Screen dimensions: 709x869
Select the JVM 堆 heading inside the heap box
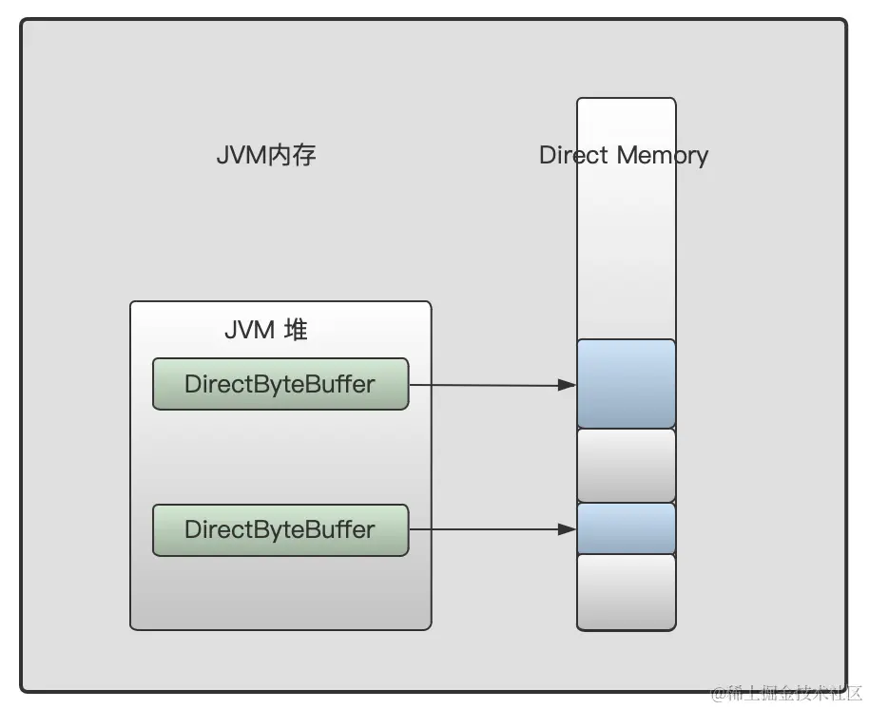point(266,330)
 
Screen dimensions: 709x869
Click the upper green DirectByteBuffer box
point(280,384)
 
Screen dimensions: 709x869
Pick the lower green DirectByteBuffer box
point(280,529)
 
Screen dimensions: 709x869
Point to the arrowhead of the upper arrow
point(568,385)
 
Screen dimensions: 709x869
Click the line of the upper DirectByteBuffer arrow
point(485,385)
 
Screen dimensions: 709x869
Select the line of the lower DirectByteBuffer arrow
point(485,530)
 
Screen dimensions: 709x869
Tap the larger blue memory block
point(627,383)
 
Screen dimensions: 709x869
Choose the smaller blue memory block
point(627,528)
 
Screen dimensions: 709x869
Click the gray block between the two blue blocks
point(627,465)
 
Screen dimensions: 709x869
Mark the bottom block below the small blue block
point(627,591)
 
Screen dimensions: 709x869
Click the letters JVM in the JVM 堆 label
point(248,330)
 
